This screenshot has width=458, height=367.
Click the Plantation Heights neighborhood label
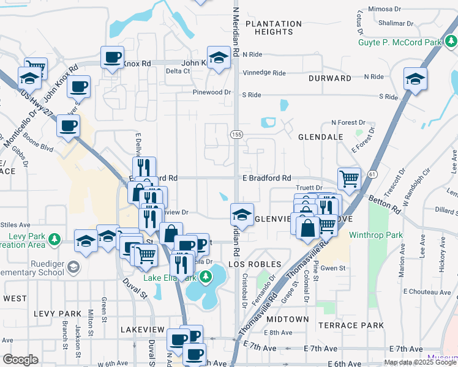click(x=274, y=28)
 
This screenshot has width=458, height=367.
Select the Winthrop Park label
click(x=376, y=235)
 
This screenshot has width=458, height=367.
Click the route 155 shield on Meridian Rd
click(x=236, y=134)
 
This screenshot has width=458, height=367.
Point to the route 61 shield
click(x=372, y=174)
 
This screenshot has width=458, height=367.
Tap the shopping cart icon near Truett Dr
click(x=349, y=179)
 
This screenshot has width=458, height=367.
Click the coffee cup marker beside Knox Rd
click(x=112, y=57)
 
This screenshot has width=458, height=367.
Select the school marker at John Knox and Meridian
click(x=219, y=57)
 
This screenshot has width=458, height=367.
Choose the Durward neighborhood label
click(x=330, y=78)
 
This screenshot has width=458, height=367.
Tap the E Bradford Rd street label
click(x=266, y=178)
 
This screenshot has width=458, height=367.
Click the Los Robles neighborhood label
click(x=255, y=264)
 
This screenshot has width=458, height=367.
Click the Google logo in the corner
click(x=20, y=360)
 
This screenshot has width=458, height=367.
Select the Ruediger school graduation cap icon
click(x=73, y=267)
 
